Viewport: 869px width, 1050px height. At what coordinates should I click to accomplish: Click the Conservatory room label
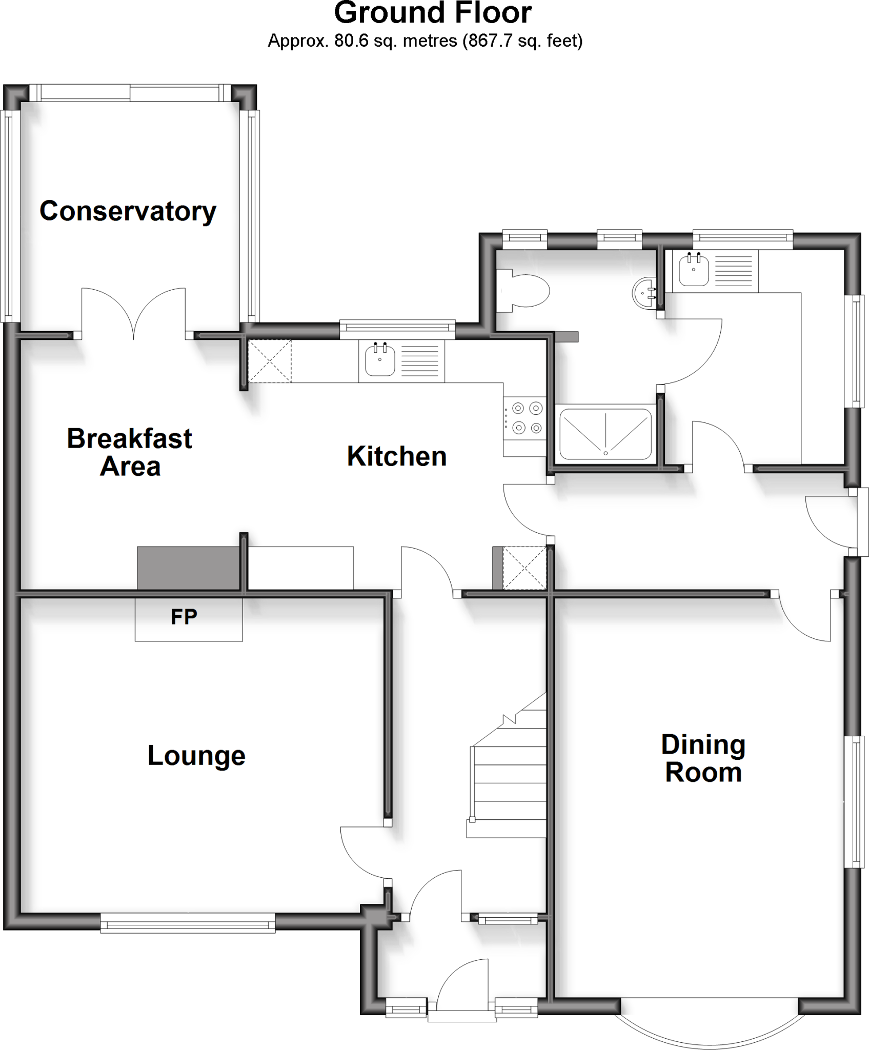pos(128,211)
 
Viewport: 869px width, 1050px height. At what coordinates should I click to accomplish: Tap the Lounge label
pos(196,756)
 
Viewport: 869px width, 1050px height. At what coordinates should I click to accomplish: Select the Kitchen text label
pos(396,456)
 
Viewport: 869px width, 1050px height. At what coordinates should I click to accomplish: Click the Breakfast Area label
pos(130,452)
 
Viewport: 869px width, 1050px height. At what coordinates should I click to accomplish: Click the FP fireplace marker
pos(184,617)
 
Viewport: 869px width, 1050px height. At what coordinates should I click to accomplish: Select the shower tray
pos(605,434)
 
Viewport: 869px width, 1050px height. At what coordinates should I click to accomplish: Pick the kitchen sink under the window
pos(380,360)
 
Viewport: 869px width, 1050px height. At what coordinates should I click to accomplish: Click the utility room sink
pos(694,271)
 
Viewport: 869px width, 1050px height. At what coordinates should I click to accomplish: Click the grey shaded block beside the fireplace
pos(188,568)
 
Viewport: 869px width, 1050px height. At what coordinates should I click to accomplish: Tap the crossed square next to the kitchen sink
pos(269,361)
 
